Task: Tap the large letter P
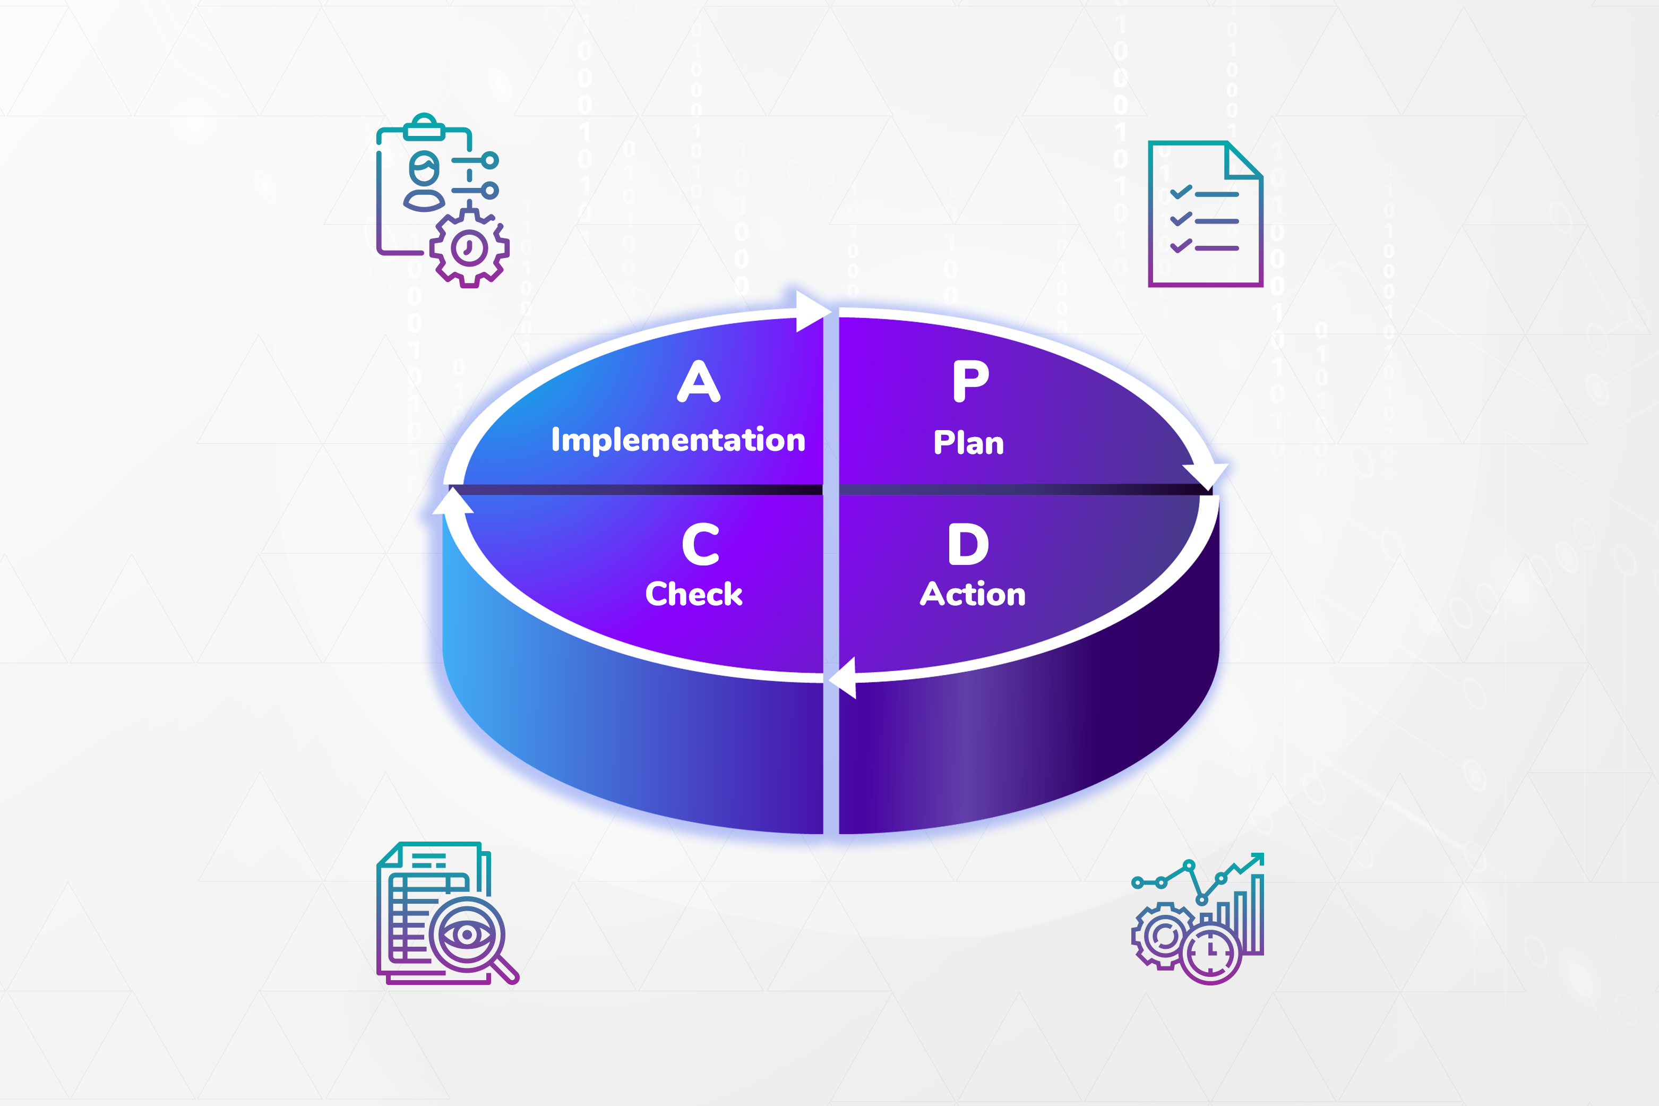click(x=971, y=381)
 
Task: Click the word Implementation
click(x=678, y=440)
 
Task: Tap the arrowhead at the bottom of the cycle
click(x=843, y=678)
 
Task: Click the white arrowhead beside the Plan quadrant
click(x=1206, y=476)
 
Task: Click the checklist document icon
click(x=1205, y=214)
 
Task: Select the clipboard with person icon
click(x=442, y=200)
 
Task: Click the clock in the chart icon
click(x=1210, y=954)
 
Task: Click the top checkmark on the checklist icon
click(x=1181, y=192)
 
